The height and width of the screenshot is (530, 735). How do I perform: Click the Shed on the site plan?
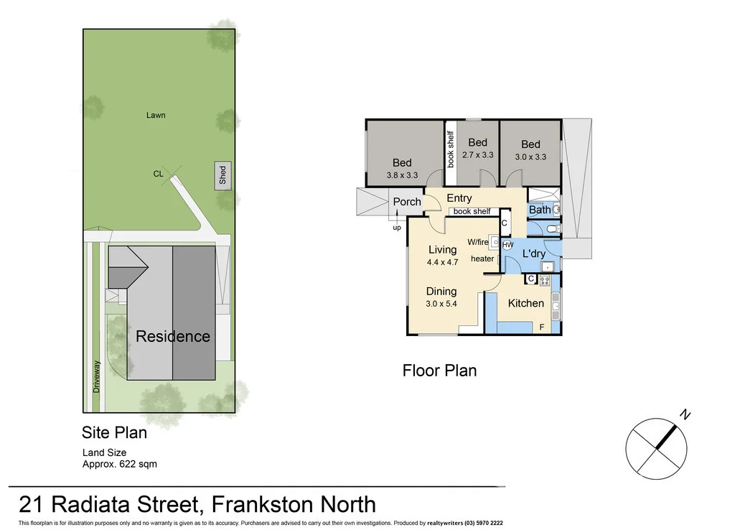click(223, 176)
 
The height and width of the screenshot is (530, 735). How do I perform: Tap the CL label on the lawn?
click(159, 174)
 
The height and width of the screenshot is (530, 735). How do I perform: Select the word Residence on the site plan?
click(173, 336)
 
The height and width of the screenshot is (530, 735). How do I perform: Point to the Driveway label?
click(97, 376)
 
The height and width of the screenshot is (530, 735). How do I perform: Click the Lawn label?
click(156, 115)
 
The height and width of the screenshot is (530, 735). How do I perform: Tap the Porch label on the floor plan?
click(407, 202)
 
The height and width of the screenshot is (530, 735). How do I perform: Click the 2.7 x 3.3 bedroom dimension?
click(477, 154)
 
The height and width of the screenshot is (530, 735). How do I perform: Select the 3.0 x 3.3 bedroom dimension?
click(530, 157)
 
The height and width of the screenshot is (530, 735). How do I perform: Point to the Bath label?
click(540, 210)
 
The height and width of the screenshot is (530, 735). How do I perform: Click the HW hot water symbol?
click(508, 245)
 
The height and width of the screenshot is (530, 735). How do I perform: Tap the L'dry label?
click(533, 254)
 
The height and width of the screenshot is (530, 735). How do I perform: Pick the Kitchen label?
click(526, 303)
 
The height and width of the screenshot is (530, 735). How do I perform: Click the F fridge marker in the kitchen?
click(542, 327)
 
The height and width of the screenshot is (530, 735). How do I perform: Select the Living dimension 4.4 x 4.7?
click(442, 262)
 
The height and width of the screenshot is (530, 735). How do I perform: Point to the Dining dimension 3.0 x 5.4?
click(441, 303)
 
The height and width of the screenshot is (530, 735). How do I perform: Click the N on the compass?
click(685, 414)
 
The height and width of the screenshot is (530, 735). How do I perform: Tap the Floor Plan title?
click(439, 371)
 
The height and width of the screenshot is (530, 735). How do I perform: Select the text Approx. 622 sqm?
click(120, 464)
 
